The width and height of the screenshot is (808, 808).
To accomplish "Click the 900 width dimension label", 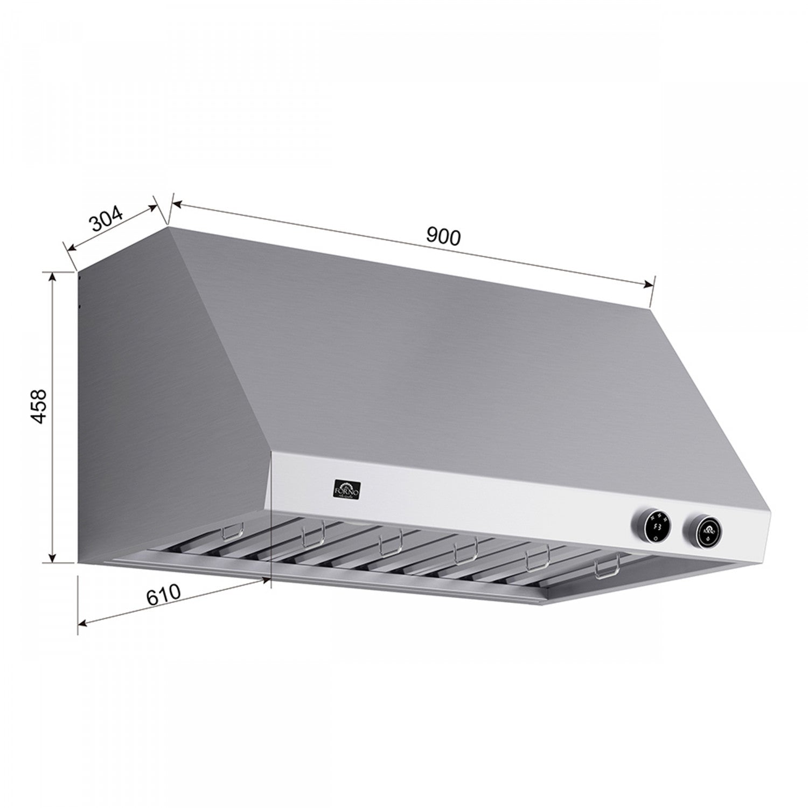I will point(443,236).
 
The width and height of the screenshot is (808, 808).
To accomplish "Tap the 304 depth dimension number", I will point(107,218).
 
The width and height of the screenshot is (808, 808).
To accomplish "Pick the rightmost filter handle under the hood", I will point(607,570).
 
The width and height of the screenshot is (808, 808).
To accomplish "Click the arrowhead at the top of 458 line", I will point(52,276).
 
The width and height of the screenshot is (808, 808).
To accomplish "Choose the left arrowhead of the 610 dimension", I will point(82,624).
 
